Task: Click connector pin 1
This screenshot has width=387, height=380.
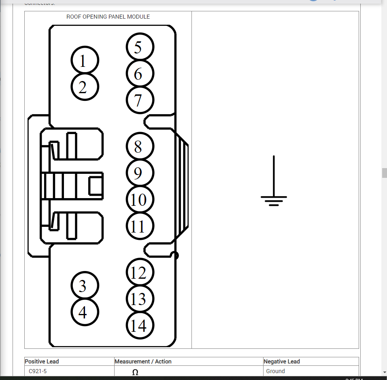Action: click(85, 61)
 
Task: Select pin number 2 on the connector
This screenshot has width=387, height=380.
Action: click(85, 87)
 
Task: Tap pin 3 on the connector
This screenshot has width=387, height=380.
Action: click(85, 286)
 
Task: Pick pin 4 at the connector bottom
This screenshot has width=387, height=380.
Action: click(85, 312)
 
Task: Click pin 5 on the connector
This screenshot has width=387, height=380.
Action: click(140, 47)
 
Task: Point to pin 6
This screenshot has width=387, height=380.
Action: click(140, 74)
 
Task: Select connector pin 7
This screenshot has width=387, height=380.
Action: click(140, 100)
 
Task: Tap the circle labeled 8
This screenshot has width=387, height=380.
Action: click(140, 146)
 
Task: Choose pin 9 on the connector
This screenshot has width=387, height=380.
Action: click(140, 173)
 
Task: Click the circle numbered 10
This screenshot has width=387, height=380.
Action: click(140, 199)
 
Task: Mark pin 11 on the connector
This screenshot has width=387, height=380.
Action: click(140, 226)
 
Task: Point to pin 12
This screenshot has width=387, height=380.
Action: click(140, 273)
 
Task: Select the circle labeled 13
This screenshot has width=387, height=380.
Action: click(140, 299)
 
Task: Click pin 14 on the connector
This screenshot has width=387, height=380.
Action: click(140, 325)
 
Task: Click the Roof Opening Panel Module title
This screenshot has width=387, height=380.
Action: click(108, 17)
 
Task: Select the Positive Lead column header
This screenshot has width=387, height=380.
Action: click(42, 361)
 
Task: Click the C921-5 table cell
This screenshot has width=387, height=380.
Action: click(38, 371)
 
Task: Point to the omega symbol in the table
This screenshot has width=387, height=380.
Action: click(135, 372)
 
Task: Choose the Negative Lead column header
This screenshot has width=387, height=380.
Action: click(281, 361)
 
